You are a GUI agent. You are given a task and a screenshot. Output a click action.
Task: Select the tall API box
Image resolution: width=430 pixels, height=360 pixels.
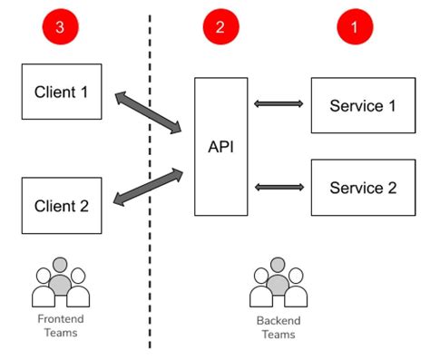(220, 146)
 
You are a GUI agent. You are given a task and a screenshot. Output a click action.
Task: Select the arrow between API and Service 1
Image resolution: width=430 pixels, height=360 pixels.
(279, 104)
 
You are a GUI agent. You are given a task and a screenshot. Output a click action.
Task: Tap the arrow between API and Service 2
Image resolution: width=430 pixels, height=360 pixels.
(279, 187)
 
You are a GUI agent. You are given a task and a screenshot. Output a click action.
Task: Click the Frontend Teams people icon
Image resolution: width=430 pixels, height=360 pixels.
(61, 285)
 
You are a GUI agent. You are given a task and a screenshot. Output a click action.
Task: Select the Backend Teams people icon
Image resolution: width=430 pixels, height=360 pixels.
(277, 285)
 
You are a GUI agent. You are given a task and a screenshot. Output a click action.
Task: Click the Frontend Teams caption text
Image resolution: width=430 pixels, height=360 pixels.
(61, 326)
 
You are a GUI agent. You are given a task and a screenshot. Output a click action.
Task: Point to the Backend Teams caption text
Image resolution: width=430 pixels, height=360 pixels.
(277, 327)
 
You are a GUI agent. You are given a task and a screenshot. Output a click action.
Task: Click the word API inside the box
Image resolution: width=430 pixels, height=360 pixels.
(220, 146)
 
